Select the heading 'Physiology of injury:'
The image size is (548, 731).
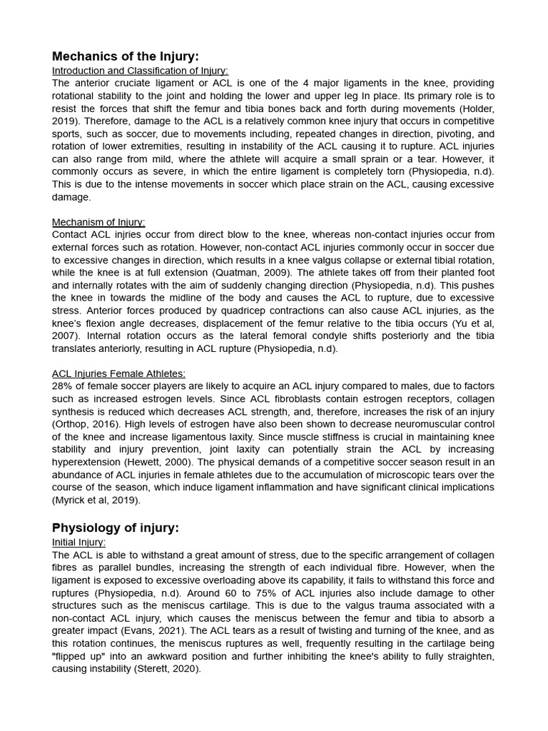tap(116, 528)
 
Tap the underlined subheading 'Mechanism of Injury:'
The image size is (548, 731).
tap(98, 222)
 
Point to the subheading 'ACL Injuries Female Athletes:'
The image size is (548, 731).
tap(118, 373)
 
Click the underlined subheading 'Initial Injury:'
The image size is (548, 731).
tap(78, 542)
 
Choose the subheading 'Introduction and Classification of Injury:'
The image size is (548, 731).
tap(140, 70)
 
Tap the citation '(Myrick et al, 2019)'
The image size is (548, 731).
tap(96, 500)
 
